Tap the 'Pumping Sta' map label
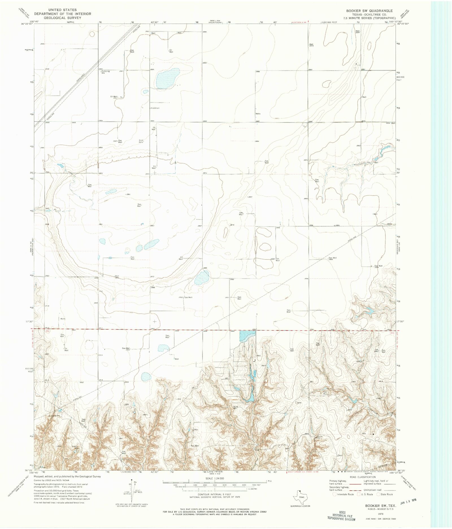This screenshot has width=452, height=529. pos(105,72)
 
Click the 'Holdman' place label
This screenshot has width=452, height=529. pos(155,108)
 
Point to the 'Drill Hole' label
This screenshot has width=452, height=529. pos(141,141)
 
